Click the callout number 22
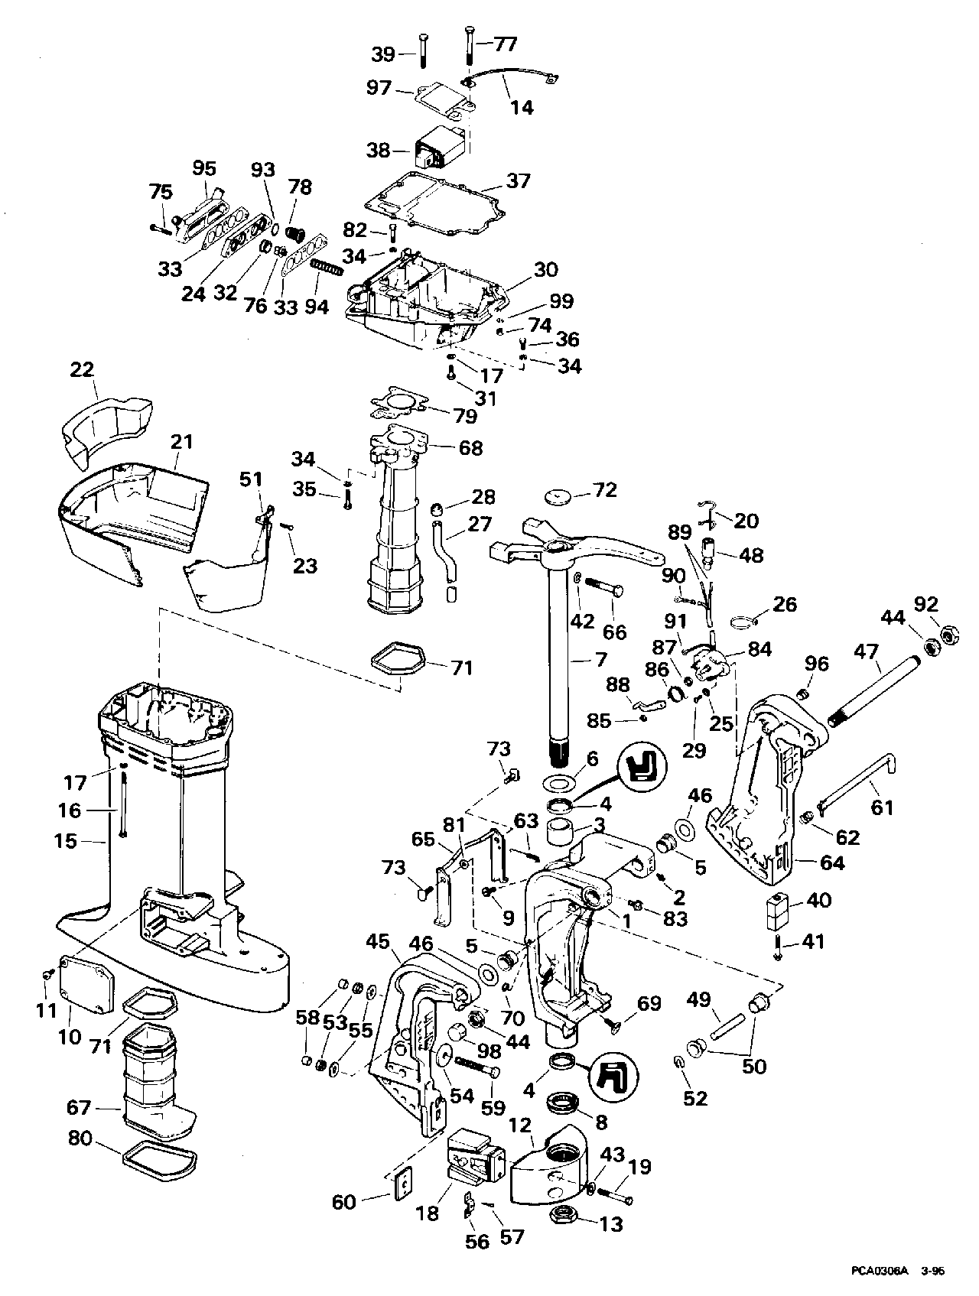coord(82,370)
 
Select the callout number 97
coord(379,89)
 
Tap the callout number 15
coord(66,841)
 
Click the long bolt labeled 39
coord(422,51)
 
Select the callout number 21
coord(182,442)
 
